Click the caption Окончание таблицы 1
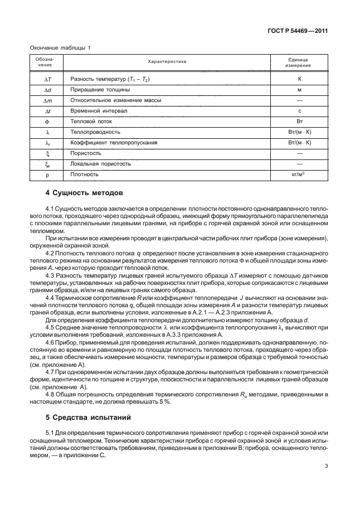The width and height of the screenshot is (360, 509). click(59, 47)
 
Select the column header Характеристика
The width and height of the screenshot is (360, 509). click(167, 62)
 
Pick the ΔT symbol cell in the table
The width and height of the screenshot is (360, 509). click(47, 80)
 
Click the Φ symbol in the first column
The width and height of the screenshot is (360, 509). click(47, 122)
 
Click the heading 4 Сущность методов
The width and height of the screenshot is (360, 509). click(83, 193)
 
